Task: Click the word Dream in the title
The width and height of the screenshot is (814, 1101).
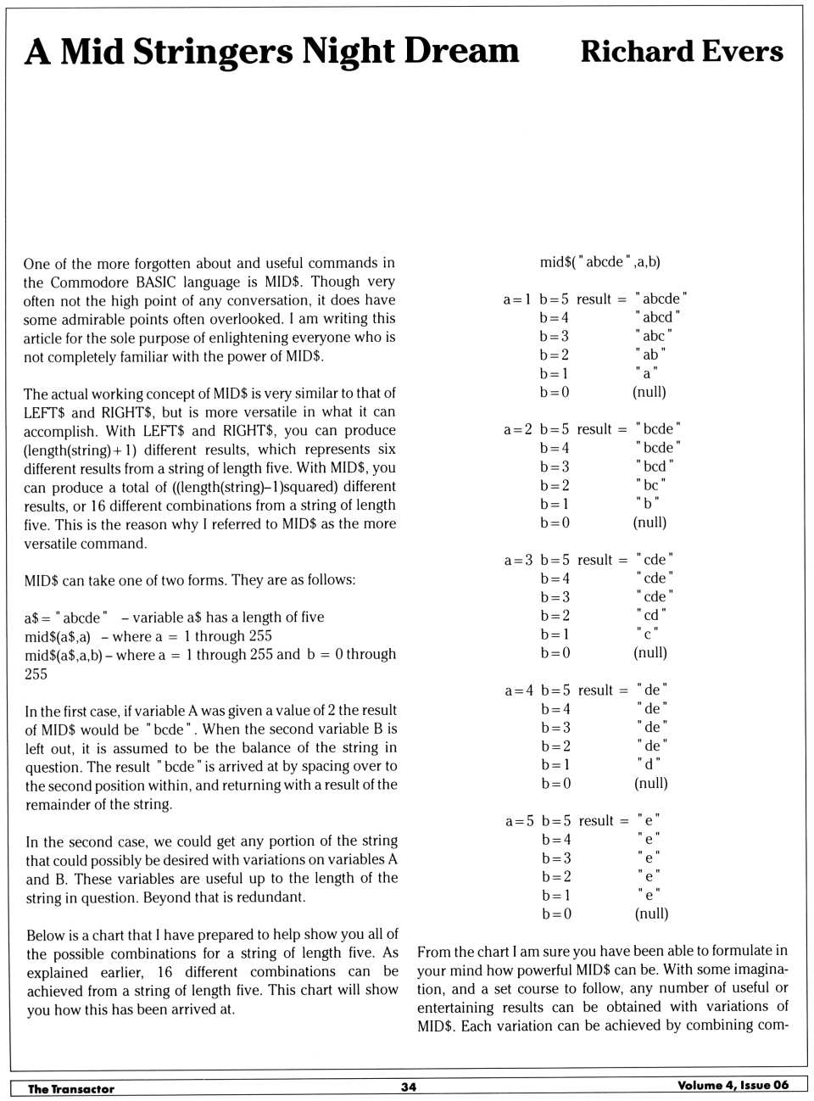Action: (461, 52)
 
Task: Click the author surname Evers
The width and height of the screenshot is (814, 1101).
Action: (739, 52)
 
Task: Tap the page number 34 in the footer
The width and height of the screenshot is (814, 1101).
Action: (408, 1087)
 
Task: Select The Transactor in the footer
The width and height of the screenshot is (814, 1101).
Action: (71, 1088)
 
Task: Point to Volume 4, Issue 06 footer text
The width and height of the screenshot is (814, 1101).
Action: (733, 1085)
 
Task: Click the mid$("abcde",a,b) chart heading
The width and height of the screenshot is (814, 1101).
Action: (599, 262)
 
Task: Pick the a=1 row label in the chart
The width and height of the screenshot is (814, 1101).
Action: (516, 299)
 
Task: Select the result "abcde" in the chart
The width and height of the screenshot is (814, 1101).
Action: (661, 299)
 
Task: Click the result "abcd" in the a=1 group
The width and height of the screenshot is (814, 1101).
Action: (657, 317)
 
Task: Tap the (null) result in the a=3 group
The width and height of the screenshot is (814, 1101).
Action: (650, 653)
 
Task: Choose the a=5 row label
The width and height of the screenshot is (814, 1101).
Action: (520, 821)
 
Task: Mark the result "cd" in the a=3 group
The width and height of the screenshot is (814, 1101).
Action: (651, 616)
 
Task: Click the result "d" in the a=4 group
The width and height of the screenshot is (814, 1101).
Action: (650, 765)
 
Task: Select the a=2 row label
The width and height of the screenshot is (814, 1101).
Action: (517, 429)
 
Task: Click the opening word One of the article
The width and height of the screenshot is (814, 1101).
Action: (36, 264)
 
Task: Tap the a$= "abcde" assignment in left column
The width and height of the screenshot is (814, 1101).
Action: (66, 618)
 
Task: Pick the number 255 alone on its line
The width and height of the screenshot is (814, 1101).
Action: (36, 674)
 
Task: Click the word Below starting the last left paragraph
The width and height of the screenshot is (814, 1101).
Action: (47, 936)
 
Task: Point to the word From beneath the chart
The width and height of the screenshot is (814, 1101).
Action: (433, 951)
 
